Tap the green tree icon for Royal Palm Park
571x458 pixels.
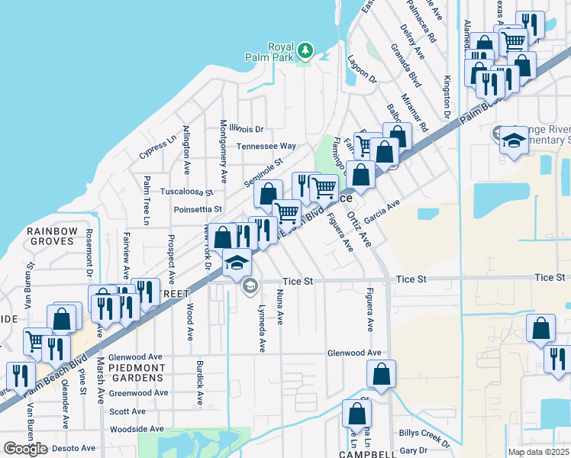coord(305,50)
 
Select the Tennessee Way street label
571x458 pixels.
coord(266,146)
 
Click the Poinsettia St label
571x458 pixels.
coord(198,208)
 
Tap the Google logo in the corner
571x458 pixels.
coord(25,448)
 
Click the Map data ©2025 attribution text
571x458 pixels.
coord(537,452)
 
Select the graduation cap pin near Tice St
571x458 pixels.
coord(237,263)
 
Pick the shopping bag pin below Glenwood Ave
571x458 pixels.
coord(381,374)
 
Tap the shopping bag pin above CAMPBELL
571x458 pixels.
coord(356,414)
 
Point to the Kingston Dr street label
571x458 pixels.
coord(449,96)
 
